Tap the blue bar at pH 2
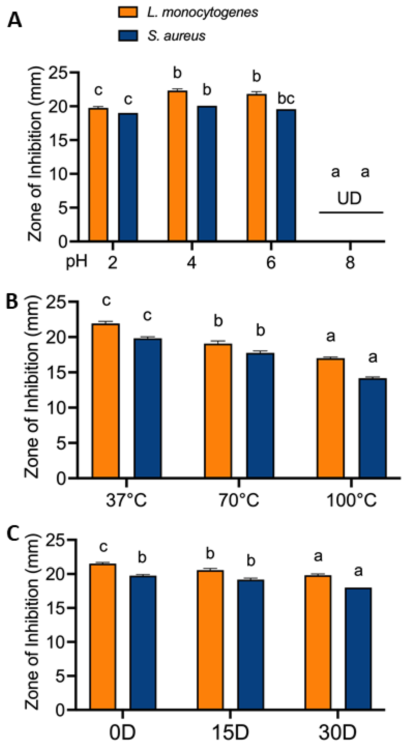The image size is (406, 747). [128, 177]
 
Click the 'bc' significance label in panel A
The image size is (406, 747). [286, 99]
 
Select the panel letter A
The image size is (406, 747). [15, 21]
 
